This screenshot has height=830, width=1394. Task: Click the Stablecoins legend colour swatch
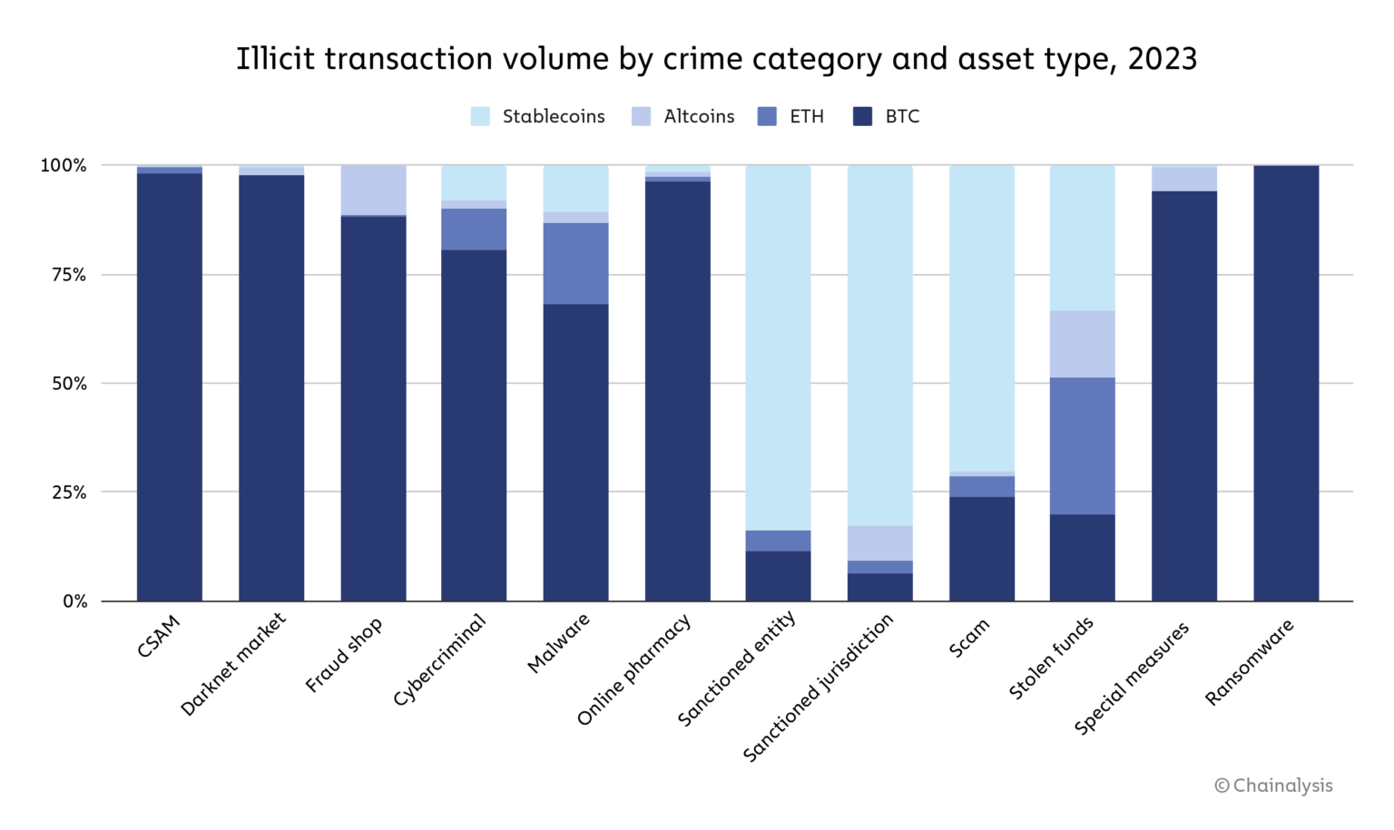point(480,116)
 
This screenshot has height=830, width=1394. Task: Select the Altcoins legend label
point(699,116)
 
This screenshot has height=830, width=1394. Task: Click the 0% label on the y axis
point(74,601)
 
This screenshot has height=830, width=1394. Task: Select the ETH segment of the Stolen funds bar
point(1083,445)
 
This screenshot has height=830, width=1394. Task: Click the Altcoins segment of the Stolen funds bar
point(1083,344)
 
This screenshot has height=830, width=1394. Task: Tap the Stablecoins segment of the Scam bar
point(982,317)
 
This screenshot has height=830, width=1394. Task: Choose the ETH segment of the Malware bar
point(576,263)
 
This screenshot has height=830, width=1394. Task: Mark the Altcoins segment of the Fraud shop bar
point(373,190)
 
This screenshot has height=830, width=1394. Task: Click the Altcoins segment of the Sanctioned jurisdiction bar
point(880,542)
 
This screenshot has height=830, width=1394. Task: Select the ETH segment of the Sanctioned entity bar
point(778,541)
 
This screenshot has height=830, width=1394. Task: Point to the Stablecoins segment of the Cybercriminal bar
point(474,182)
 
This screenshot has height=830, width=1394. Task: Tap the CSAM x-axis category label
point(159,636)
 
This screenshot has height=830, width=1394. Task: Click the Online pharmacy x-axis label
point(634,669)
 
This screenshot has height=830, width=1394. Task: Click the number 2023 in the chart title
point(1162,59)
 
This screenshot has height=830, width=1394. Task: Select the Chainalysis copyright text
point(1273,786)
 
